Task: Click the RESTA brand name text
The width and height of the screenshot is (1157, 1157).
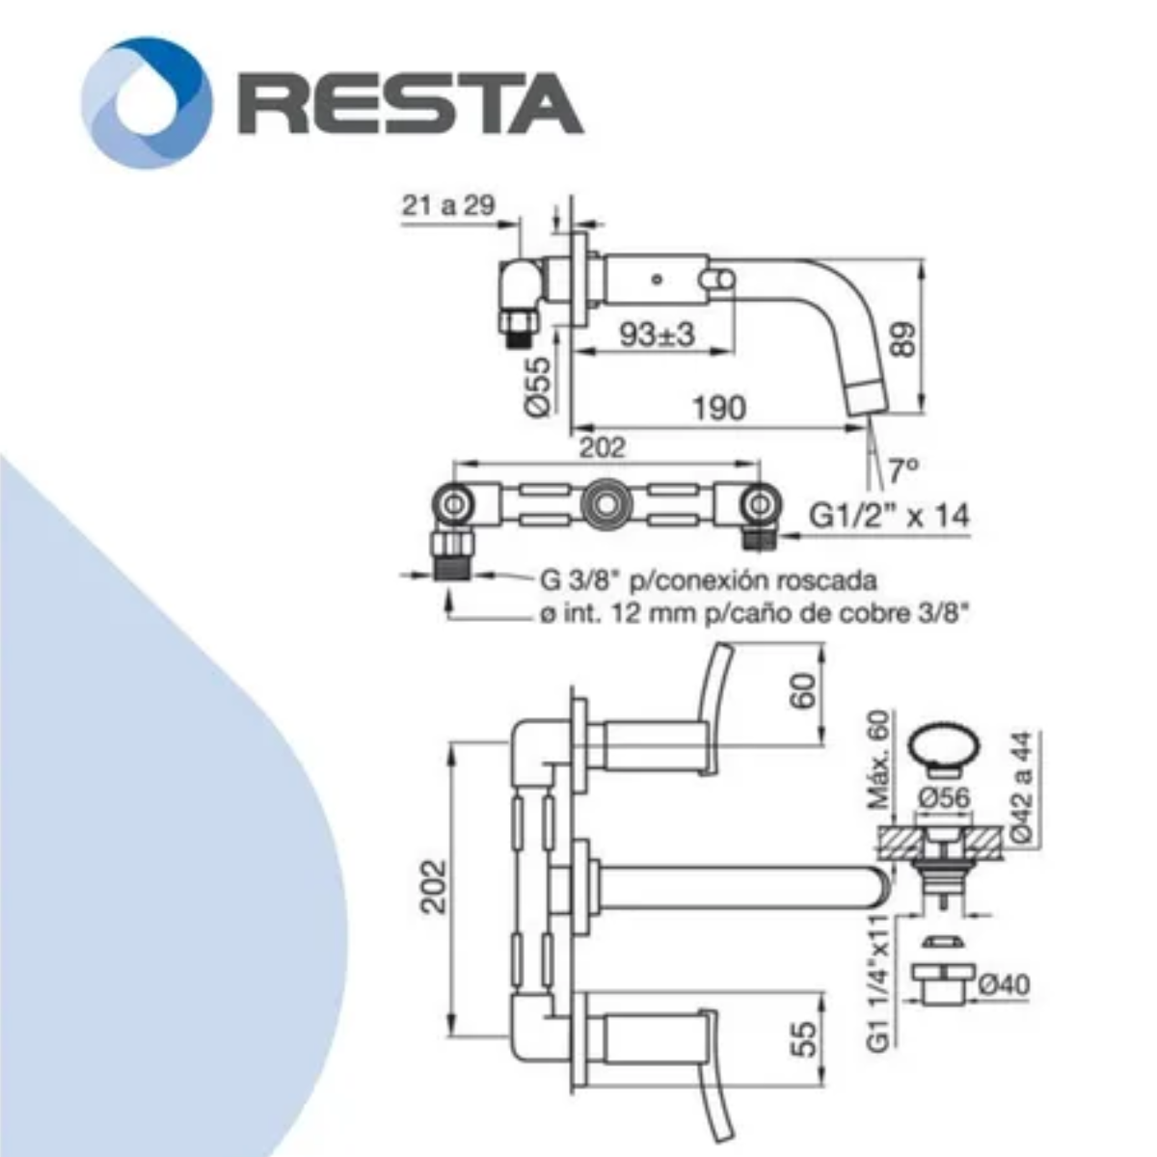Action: (411, 103)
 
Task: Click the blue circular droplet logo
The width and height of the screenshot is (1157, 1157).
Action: (147, 102)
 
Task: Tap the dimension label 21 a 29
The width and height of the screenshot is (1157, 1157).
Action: (448, 205)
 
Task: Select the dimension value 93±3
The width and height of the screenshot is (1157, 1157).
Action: (657, 334)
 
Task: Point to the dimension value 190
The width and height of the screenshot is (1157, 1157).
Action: (719, 408)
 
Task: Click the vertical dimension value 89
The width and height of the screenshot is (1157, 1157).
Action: (902, 339)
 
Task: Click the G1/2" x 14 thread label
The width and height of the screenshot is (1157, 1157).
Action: (889, 516)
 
